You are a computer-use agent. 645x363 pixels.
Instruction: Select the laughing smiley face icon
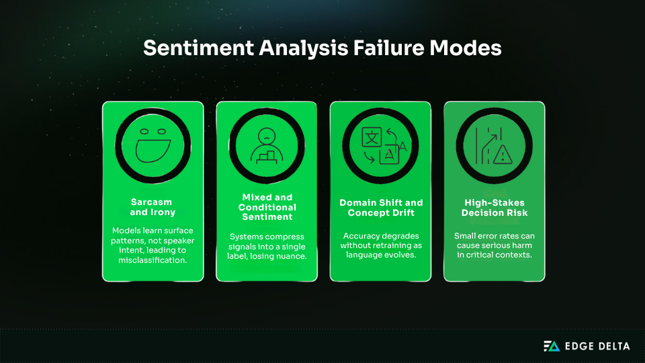click(x=153, y=144)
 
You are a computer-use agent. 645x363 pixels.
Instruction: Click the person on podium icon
click(x=267, y=144)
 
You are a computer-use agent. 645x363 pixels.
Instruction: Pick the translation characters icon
click(x=380, y=144)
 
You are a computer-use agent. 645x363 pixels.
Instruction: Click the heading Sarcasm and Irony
click(x=153, y=206)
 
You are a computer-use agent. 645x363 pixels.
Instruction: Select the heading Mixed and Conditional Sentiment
click(x=267, y=207)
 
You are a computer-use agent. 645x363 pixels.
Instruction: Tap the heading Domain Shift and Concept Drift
click(x=380, y=206)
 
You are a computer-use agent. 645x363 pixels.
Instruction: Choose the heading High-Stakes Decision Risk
click(x=494, y=206)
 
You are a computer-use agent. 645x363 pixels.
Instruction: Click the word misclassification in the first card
click(x=153, y=259)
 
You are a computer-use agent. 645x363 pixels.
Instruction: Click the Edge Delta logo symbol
click(x=551, y=346)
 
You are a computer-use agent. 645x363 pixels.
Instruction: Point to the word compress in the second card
click(x=287, y=236)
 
